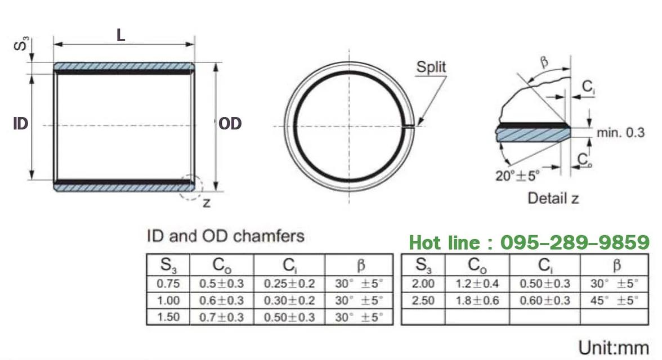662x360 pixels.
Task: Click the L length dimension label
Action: pyautogui.click(x=120, y=35)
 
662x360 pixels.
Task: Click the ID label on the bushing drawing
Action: pyautogui.click(x=20, y=124)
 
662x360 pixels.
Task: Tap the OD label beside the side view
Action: pyautogui.click(x=230, y=124)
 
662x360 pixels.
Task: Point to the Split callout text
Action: pyautogui.click(x=431, y=66)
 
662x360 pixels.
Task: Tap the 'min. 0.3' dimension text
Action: pyautogui.click(x=620, y=133)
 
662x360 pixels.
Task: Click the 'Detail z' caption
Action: pyautogui.click(x=553, y=198)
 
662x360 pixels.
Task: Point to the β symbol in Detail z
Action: pyautogui.click(x=544, y=62)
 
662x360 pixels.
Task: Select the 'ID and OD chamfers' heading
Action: pyautogui.click(x=225, y=236)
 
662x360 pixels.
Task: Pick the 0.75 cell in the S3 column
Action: pyautogui.click(x=168, y=283)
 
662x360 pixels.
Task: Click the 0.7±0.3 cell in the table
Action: pyautogui.click(x=222, y=317)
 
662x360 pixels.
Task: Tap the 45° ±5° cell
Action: pyautogui.click(x=614, y=300)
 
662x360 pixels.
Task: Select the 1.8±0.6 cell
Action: pyautogui.click(x=477, y=300)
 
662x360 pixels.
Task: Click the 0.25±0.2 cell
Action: pyautogui.click(x=289, y=283)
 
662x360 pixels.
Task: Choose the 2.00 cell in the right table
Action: pyautogui.click(x=423, y=283)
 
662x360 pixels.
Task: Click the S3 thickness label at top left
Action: pyautogui.click(x=21, y=43)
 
